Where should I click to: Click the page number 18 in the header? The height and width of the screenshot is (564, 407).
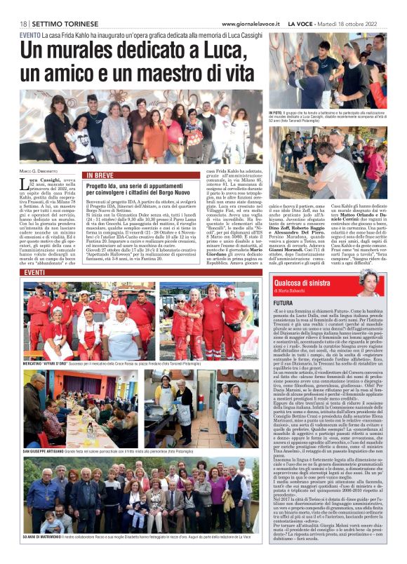click(x=23, y=24)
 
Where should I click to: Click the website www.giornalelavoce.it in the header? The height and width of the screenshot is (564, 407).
click(x=247, y=24)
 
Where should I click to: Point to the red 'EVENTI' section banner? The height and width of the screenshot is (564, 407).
click(x=34, y=272)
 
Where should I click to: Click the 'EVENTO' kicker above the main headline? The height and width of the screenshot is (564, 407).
click(x=30, y=34)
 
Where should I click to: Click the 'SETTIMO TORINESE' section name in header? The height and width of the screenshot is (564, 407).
click(x=57, y=24)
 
